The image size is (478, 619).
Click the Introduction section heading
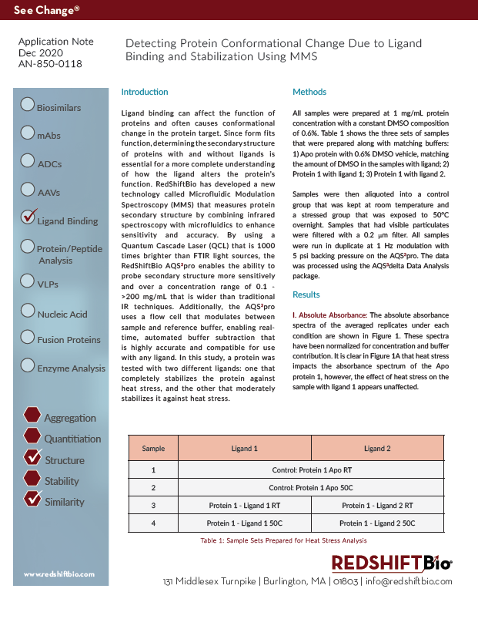click(x=145, y=93)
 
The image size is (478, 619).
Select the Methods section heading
click(x=309, y=93)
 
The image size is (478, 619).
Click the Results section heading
click(x=306, y=294)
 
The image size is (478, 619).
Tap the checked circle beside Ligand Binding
click(x=28, y=217)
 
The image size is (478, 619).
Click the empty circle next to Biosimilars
click(x=28, y=104)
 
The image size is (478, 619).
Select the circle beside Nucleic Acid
click(x=28, y=311)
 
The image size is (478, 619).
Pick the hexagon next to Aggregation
click(x=32, y=415)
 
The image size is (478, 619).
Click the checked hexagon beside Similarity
click(x=32, y=499)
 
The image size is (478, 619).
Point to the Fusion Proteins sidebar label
click(x=69, y=340)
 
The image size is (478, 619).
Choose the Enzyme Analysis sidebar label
click(x=72, y=368)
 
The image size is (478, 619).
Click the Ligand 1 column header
click(x=244, y=448)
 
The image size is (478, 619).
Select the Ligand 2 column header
click(x=377, y=448)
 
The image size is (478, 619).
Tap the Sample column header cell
click(x=153, y=448)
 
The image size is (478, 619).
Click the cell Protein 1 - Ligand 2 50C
click(x=377, y=523)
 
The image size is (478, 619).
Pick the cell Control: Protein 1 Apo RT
click(x=311, y=469)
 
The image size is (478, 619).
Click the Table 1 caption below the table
click(x=284, y=541)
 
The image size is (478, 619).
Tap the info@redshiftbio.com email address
click(x=409, y=581)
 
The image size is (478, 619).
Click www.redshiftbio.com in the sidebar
click(x=59, y=574)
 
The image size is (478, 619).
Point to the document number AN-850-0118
click(x=51, y=64)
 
